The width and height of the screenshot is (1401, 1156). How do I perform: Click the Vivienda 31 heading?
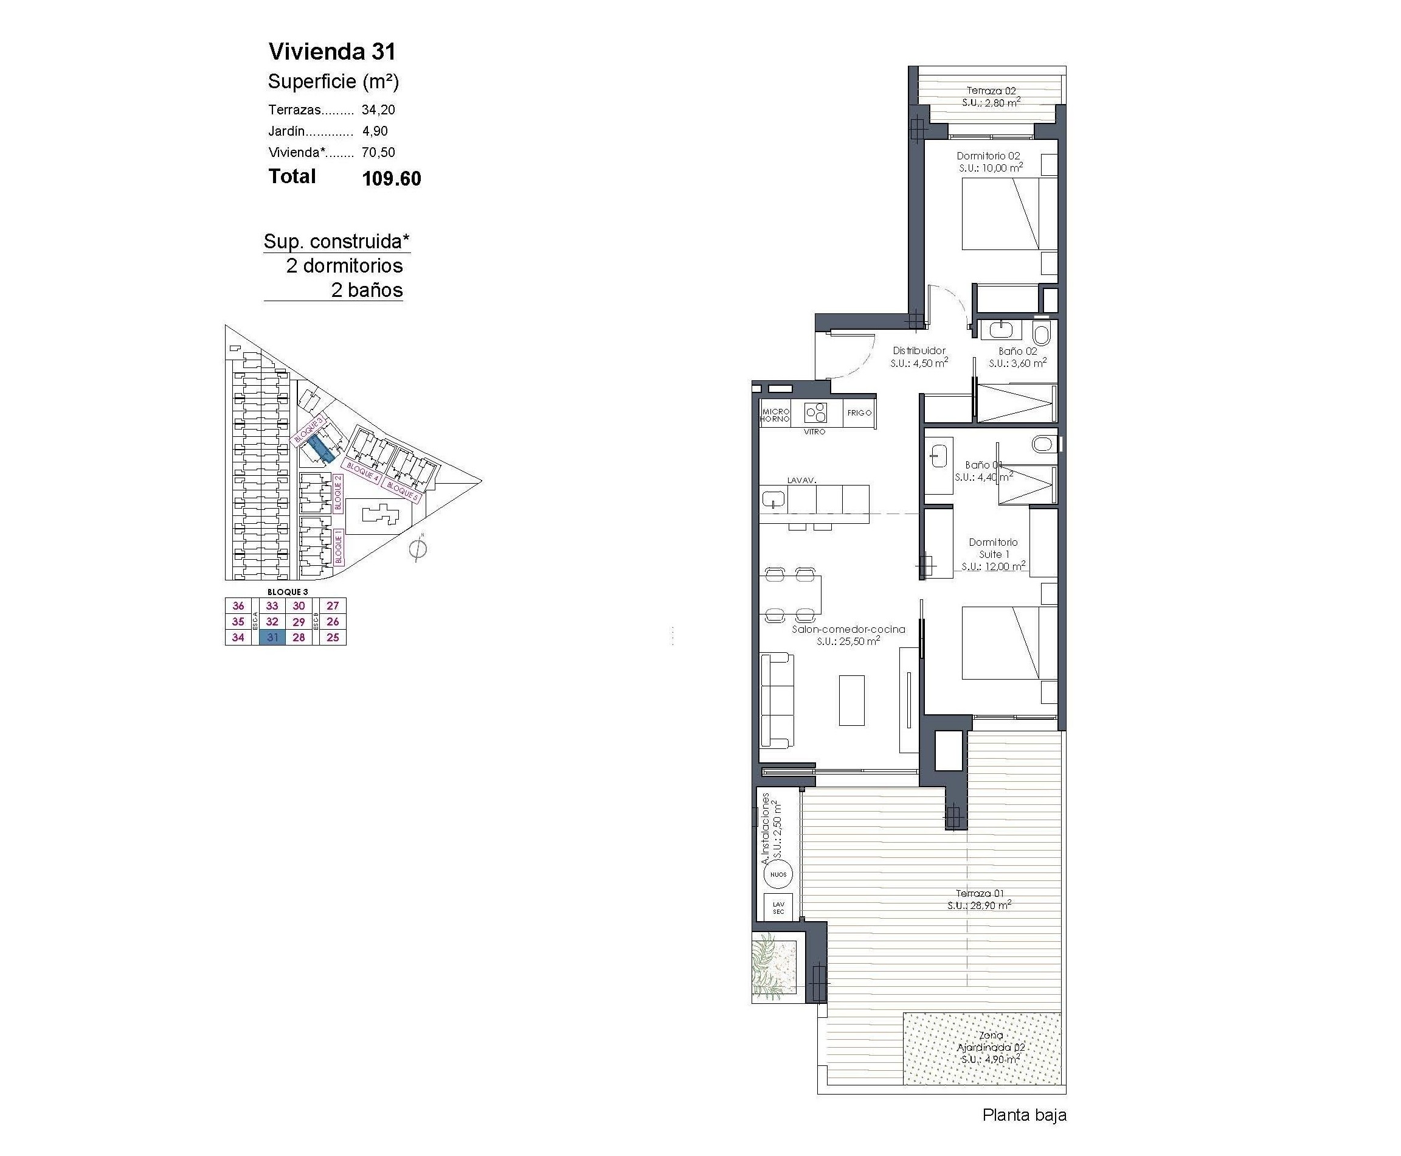(331, 51)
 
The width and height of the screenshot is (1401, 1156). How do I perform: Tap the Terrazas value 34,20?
(378, 110)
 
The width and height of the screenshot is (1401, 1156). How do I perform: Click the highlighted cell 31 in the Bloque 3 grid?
(272, 637)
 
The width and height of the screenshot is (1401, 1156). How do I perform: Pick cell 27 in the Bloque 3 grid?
(333, 605)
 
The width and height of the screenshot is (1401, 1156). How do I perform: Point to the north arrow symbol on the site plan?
(418, 549)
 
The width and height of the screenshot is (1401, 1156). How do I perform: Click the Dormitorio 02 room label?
(988, 156)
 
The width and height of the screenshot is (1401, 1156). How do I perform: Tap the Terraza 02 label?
(991, 91)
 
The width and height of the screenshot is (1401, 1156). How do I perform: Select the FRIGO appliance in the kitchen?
(859, 413)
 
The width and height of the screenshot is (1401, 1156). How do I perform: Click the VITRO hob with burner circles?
(815, 414)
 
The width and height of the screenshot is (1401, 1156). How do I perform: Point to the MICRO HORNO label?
(775, 416)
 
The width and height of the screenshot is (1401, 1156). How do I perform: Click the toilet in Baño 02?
(1041, 332)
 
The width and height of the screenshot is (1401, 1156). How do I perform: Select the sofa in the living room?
(777, 700)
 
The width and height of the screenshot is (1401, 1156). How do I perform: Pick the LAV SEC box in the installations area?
(778, 908)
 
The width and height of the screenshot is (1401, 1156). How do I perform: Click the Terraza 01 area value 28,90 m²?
(979, 905)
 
